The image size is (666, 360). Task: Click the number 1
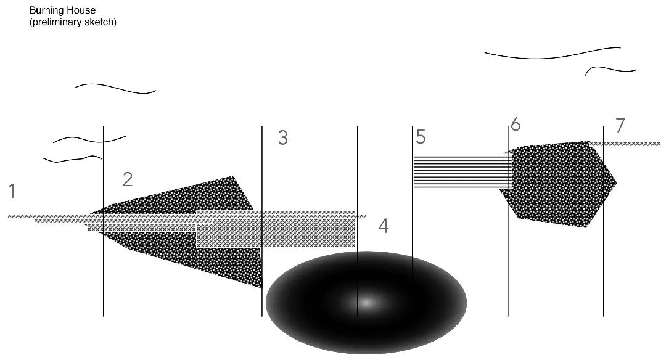click(x=12, y=191)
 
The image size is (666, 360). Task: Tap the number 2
click(x=128, y=179)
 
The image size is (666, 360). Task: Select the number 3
click(x=283, y=138)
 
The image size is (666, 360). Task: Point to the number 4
click(x=384, y=226)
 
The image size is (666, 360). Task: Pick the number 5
click(x=421, y=137)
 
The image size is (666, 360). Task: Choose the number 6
click(x=516, y=125)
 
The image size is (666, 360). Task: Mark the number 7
click(x=620, y=126)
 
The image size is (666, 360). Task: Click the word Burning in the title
click(x=46, y=10)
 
